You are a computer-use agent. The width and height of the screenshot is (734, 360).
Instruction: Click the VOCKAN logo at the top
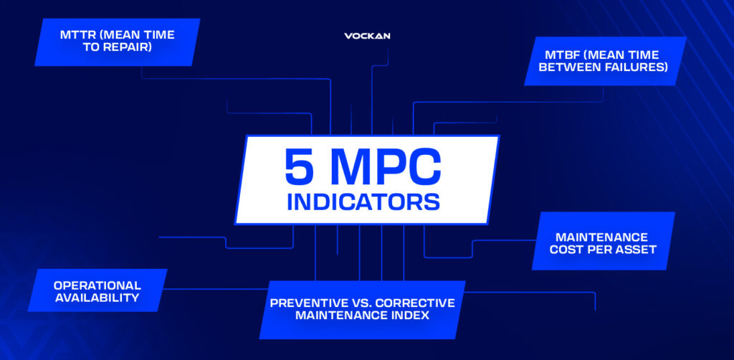pyautogui.click(x=367, y=36)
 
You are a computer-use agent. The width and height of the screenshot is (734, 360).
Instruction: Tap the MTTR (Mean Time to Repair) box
pyautogui.click(x=117, y=42)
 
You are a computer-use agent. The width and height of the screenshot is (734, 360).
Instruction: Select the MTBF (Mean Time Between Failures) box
pyautogui.click(x=605, y=62)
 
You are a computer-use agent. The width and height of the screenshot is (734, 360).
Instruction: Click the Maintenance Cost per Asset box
pyautogui.click(x=604, y=241)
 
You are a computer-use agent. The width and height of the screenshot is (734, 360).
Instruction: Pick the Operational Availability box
pyautogui.click(x=97, y=290)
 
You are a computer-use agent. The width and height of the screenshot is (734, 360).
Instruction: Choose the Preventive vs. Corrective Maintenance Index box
pyautogui.click(x=362, y=309)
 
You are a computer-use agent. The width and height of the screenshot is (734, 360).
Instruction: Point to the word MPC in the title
pyautogui.click(x=384, y=168)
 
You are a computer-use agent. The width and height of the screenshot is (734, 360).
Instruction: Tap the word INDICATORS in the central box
pyautogui.click(x=363, y=202)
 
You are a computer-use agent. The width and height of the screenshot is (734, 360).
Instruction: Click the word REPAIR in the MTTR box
pyautogui.click(x=129, y=47)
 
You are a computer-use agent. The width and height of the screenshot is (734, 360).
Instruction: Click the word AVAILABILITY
pyautogui.click(x=97, y=298)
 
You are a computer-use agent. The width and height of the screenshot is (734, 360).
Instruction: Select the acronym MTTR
pyautogui.click(x=76, y=35)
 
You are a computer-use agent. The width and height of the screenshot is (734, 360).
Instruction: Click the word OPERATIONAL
pyautogui.click(x=97, y=285)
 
